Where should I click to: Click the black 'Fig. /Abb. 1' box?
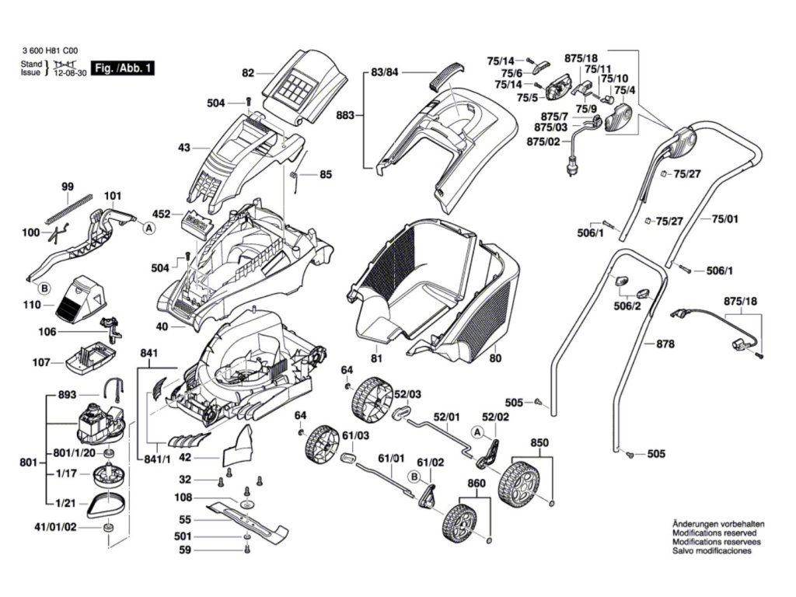[122, 68]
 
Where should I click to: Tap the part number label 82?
[248, 73]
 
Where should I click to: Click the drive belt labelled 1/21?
[106, 505]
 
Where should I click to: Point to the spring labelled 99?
[69, 208]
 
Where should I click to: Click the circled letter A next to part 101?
[148, 229]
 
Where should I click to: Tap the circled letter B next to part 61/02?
[415, 477]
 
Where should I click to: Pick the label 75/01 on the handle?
[725, 218]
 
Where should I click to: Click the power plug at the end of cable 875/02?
[571, 168]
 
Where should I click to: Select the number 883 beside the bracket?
[345, 116]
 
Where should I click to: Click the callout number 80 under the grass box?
[495, 358]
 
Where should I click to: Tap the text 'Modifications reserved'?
[714, 533]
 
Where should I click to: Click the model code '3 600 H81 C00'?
[51, 51]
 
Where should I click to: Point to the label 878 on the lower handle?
[665, 344]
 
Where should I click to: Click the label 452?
[162, 215]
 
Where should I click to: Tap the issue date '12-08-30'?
[70, 72]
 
